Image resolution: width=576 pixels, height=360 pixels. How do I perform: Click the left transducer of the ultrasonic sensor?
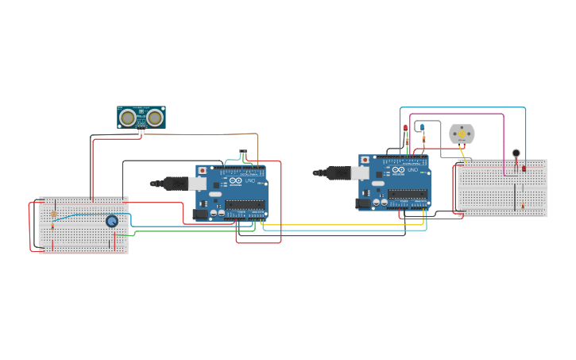(127, 118)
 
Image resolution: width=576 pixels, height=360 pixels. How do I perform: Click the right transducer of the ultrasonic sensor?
(155, 118)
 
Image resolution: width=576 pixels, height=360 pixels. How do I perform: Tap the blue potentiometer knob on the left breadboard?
(112, 221)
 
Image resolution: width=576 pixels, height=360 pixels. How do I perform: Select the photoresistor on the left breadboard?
(53, 214)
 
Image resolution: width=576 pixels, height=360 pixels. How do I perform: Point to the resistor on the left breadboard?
(53, 227)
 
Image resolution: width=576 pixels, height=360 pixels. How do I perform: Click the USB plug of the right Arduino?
(337, 172)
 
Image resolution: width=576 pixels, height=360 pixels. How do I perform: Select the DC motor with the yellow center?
(462, 134)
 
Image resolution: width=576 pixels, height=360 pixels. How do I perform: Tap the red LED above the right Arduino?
(405, 128)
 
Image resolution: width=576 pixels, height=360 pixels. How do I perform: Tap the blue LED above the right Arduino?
(423, 127)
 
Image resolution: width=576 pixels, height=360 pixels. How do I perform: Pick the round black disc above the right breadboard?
(516, 153)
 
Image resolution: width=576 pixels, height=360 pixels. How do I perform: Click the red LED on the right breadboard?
(524, 168)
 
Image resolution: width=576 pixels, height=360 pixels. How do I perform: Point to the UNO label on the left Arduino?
(250, 181)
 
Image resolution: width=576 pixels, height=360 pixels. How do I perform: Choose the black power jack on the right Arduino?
(363, 203)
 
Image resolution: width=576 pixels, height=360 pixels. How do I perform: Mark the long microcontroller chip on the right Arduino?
(408, 193)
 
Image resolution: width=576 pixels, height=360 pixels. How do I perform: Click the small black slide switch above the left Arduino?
(243, 154)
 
